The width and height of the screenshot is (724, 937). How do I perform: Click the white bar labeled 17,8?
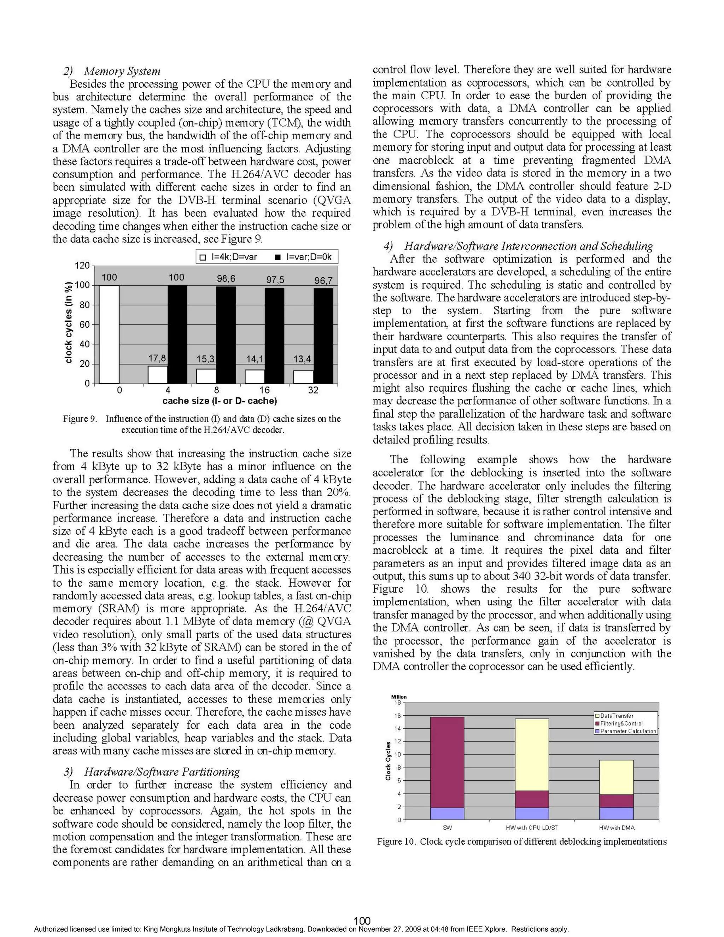(x=157, y=374)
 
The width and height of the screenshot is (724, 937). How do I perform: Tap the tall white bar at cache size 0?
(x=109, y=334)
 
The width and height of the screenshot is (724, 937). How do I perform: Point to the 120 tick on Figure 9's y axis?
(x=82, y=265)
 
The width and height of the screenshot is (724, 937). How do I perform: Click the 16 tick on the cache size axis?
(x=265, y=390)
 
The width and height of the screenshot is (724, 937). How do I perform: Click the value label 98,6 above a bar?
(x=226, y=278)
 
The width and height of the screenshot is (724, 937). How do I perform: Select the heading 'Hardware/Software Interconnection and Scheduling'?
(x=528, y=246)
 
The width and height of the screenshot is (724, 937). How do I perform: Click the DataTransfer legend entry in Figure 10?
(x=616, y=716)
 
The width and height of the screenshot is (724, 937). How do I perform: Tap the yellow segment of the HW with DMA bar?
(x=616, y=777)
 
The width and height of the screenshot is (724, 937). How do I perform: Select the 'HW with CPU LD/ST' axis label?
(x=532, y=828)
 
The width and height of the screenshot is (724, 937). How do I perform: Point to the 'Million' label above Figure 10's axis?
(x=399, y=697)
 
